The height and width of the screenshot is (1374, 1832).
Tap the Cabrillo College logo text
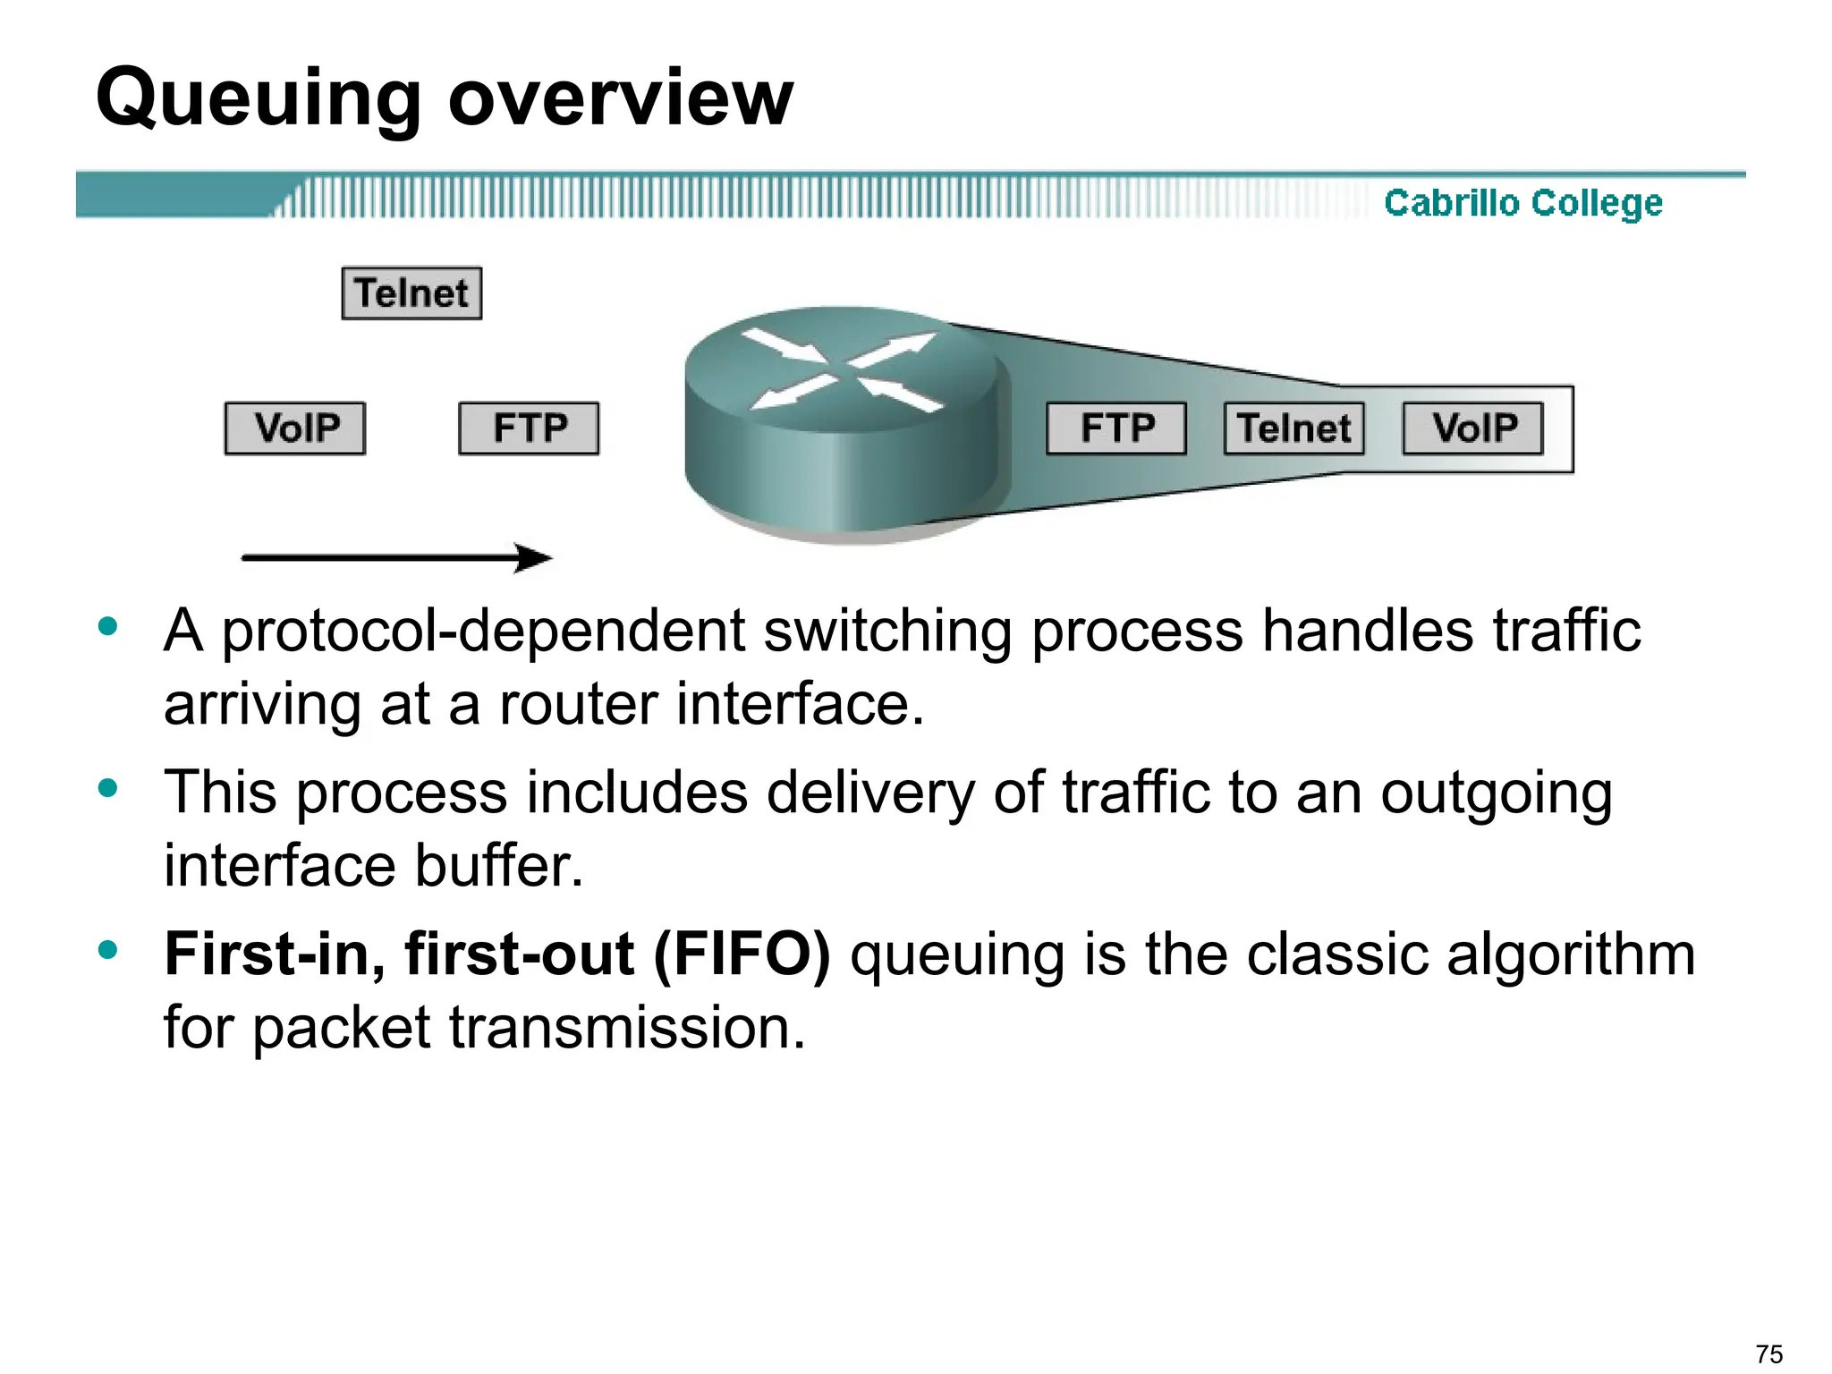click(1522, 203)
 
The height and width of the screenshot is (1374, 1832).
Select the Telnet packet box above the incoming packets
click(411, 293)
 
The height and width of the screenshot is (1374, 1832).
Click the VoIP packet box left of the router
click(295, 428)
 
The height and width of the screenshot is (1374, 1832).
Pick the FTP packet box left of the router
click(529, 428)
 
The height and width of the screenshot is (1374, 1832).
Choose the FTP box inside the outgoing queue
click(1116, 428)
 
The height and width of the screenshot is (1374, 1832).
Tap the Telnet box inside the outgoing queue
click(1293, 428)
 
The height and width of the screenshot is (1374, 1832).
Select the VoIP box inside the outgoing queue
click(1473, 428)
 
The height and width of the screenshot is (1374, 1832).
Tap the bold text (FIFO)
click(742, 954)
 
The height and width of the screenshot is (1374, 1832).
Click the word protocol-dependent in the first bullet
click(482, 632)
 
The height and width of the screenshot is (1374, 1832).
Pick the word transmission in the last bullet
click(626, 1027)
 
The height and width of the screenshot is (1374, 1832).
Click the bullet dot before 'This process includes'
click(109, 788)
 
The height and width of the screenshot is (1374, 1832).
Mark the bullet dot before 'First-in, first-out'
click(109, 949)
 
